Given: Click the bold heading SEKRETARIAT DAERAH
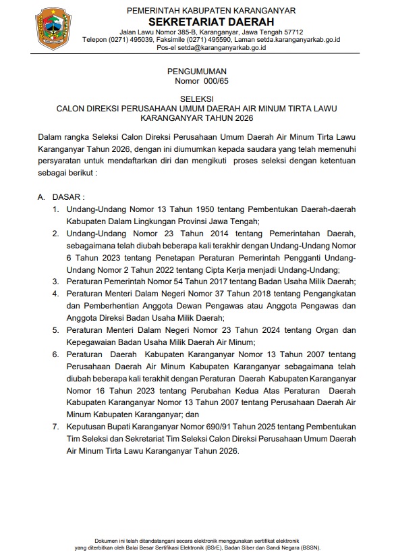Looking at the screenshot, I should [x=211, y=21].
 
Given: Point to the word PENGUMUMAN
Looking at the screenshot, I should [x=197, y=71].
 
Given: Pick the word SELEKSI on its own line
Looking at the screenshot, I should [x=196, y=99].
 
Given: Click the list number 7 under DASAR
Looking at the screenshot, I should [x=55, y=427].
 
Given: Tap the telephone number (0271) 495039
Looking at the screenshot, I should [x=130, y=40].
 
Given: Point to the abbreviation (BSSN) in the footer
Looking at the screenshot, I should [x=308, y=547].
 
